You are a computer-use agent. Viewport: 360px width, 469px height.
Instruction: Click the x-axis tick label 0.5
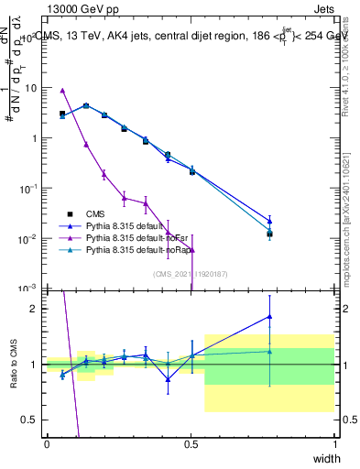click(x=191, y=444)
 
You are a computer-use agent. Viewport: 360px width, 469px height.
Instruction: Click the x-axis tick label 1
click(x=335, y=444)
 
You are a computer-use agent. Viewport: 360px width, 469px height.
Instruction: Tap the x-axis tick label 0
click(x=47, y=444)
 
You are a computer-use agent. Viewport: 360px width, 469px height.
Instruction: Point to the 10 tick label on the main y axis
click(x=31, y=88)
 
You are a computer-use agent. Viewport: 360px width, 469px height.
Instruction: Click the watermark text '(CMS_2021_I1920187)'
click(x=191, y=273)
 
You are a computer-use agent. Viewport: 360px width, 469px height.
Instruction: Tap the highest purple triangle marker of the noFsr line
click(x=62, y=91)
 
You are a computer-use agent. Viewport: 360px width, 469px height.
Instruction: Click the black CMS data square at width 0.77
click(x=269, y=234)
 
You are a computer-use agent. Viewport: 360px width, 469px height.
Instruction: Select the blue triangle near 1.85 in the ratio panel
click(x=269, y=317)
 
